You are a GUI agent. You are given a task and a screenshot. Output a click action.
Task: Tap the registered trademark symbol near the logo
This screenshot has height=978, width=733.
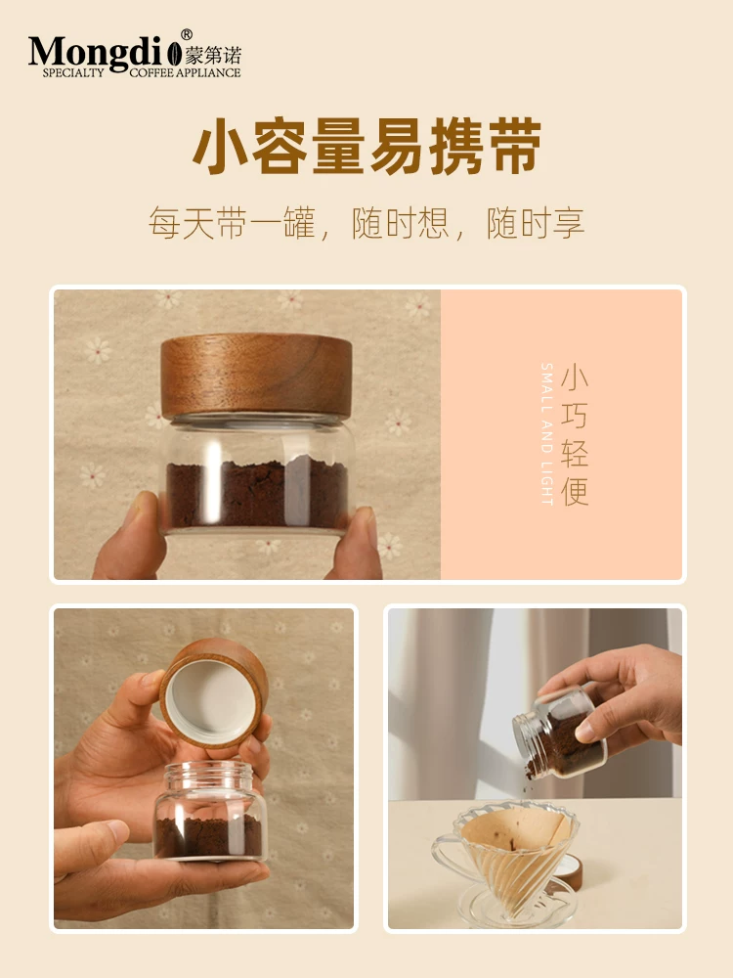click(x=187, y=36)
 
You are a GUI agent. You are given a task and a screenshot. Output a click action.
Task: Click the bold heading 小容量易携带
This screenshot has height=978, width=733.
click(x=366, y=148)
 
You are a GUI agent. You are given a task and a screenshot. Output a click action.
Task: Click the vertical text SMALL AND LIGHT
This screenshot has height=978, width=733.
click(x=547, y=435)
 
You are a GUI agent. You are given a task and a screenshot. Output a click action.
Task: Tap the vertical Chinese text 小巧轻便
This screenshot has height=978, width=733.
click(x=576, y=435)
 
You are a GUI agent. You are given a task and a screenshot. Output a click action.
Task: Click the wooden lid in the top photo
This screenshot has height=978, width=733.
click(x=256, y=376)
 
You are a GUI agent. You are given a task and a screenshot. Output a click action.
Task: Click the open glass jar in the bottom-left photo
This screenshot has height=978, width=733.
click(x=209, y=812)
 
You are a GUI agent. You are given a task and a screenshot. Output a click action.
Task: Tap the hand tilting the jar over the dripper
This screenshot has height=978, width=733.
click(x=625, y=694)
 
